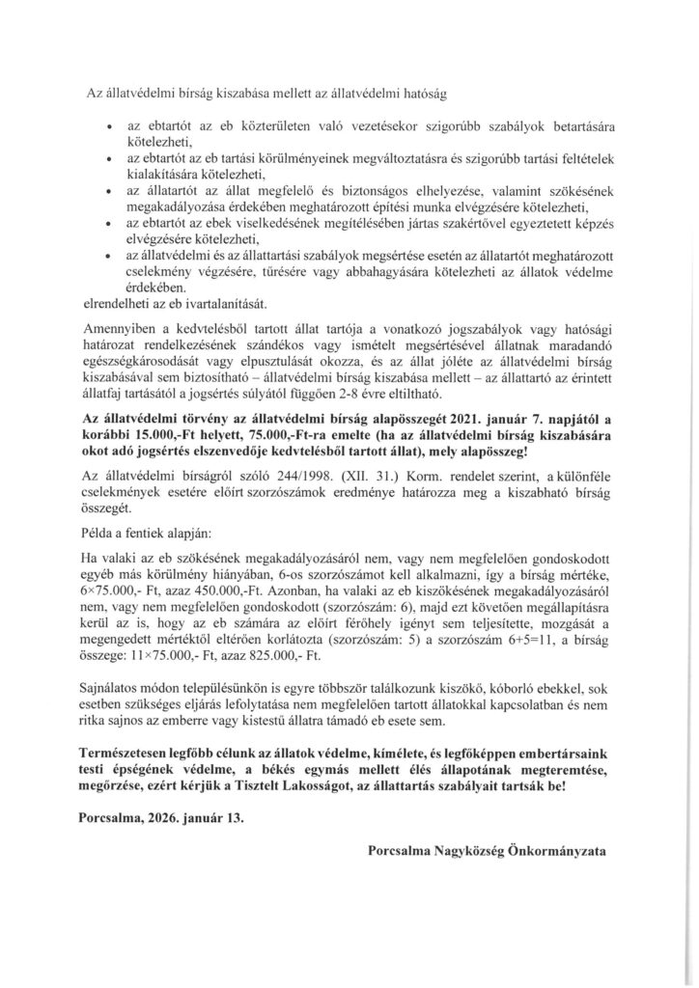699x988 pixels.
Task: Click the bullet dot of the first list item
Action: [x=113, y=127]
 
